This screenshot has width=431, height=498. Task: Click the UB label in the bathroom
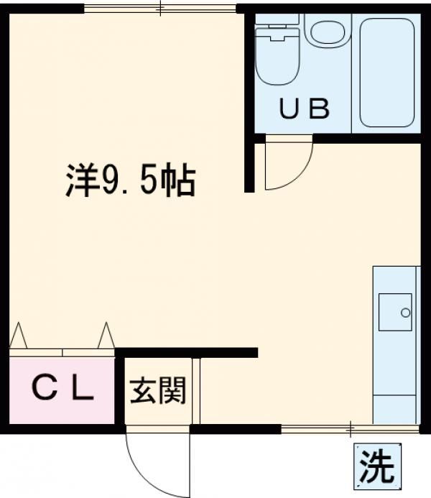click(304, 110)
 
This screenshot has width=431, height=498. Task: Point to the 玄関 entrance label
click(157, 392)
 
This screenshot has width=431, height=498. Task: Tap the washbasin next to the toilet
click(327, 33)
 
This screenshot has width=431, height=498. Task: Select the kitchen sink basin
click(395, 312)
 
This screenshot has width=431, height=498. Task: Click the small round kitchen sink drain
click(405, 313)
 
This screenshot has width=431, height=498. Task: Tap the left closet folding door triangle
click(18, 336)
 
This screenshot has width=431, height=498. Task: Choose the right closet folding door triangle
click(106, 335)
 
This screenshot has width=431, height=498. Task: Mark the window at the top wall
click(159, 9)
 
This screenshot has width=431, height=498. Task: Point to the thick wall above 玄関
click(187, 352)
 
